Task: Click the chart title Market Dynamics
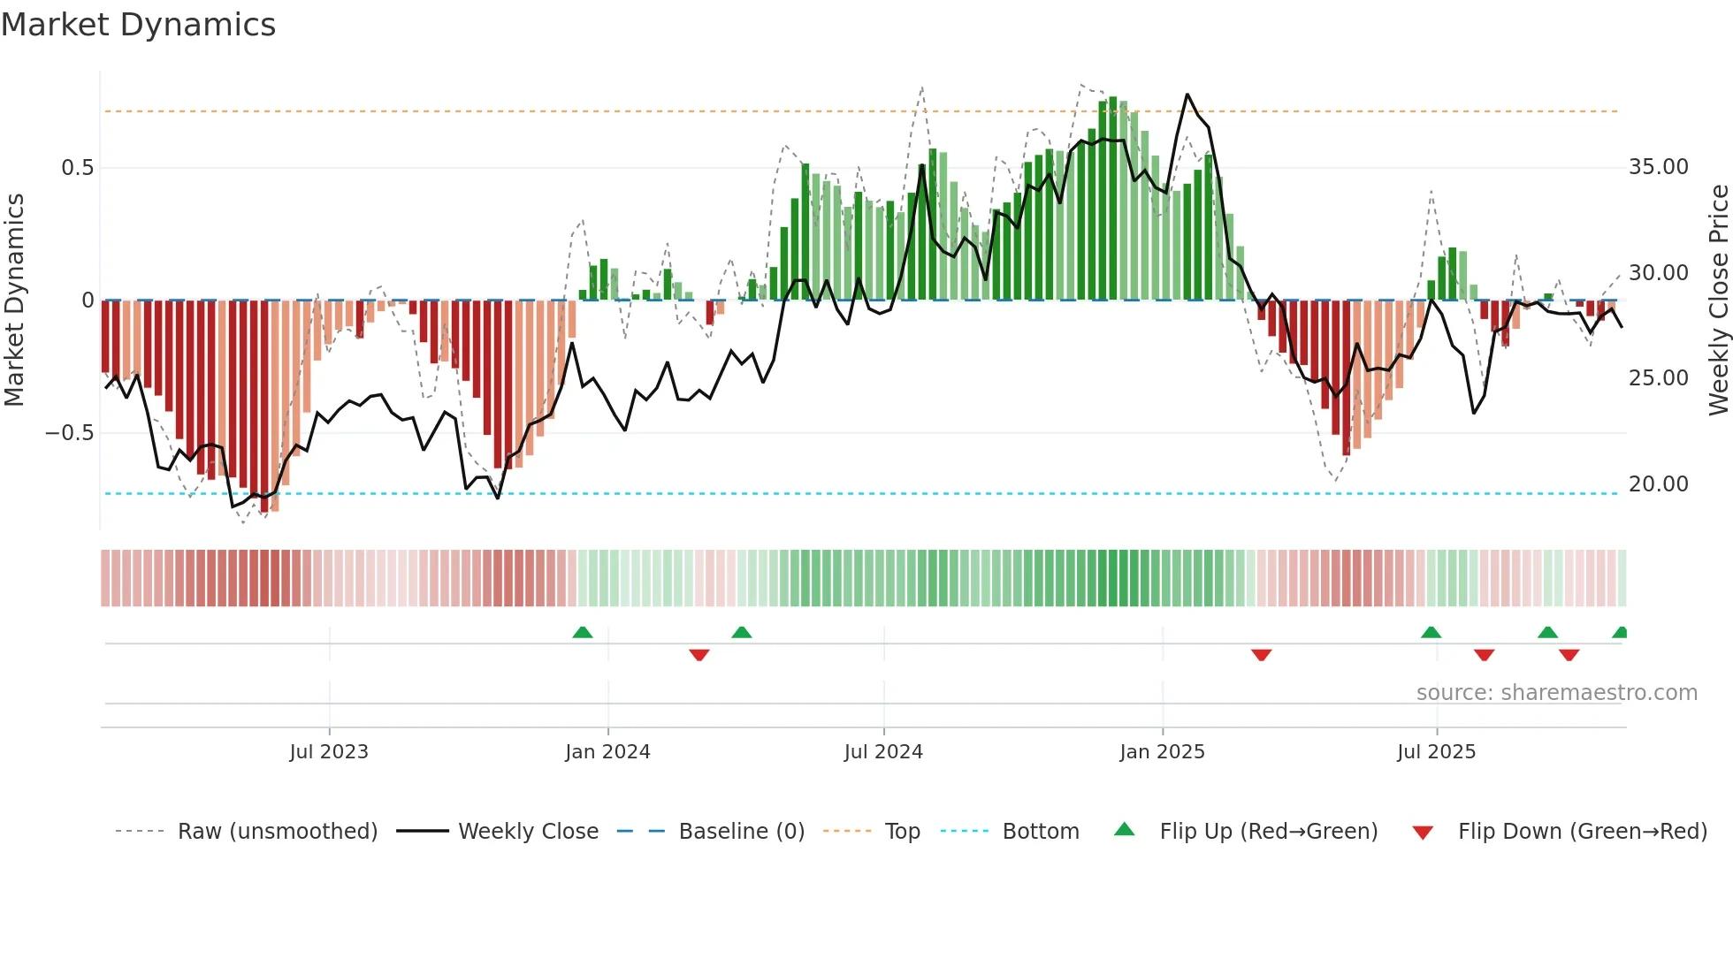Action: [138, 25]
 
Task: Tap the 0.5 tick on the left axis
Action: [77, 168]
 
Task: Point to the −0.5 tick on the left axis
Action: [70, 433]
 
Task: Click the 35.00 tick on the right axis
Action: [1658, 167]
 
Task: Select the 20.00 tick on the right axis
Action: [1658, 484]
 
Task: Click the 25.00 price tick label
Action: [1658, 378]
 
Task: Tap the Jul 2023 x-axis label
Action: [329, 752]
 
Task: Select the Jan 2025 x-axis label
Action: [1162, 752]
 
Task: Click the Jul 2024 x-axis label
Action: [883, 752]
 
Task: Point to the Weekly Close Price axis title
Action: [1718, 301]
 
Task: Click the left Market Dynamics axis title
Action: [14, 301]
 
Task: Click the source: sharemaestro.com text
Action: [1556, 693]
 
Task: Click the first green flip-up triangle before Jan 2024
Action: [583, 633]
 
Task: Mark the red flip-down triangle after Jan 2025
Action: [1262, 655]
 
